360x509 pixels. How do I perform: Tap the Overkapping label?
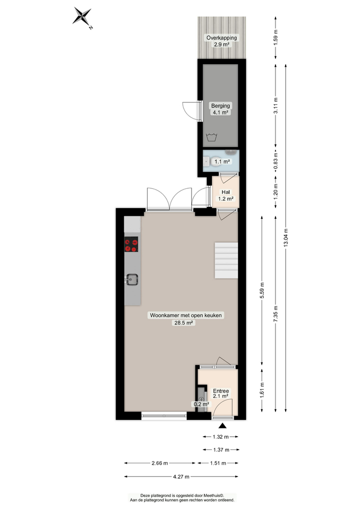pyautogui.click(x=221, y=38)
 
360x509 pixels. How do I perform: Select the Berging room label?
pyautogui.click(x=220, y=106)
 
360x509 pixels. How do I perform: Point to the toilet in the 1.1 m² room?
pyautogui.click(x=209, y=161)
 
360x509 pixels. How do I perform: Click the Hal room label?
pyautogui.click(x=225, y=192)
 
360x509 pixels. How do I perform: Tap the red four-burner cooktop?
pyautogui.click(x=131, y=245)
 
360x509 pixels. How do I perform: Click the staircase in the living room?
pyautogui.click(x=226, y=260)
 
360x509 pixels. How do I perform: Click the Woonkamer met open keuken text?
pyautogui.click(x=186, y=315)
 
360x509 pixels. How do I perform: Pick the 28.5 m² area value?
pyautogui.click(x=186, y=322)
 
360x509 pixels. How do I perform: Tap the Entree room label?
pyautogui.click(x=220, y=390)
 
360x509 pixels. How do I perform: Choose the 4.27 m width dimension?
pyautogui.click(x=180, y=476)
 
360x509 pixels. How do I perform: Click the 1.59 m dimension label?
pyautogui.click(x=275, y=39)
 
